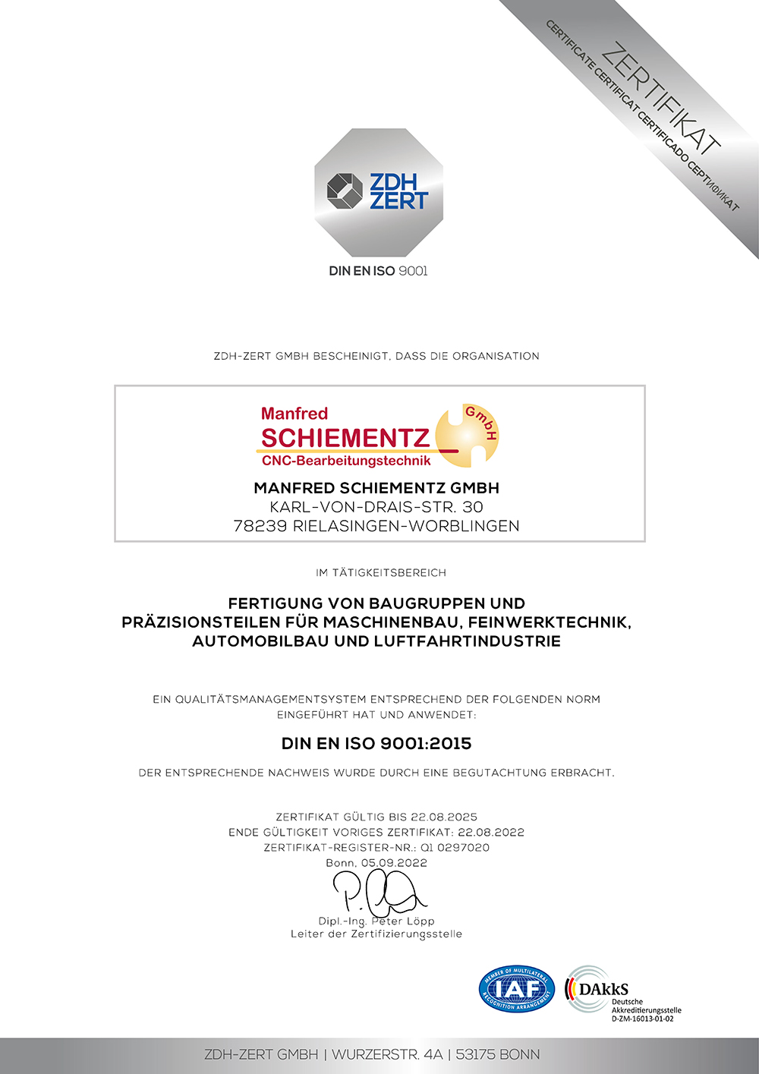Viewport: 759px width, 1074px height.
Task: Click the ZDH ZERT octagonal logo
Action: tap(378, 192)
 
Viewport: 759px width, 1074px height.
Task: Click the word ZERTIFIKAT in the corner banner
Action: tap(660, 96)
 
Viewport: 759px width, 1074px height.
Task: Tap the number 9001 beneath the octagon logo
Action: tap(413, 271)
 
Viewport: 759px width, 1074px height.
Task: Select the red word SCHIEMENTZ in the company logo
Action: tap(345, 438)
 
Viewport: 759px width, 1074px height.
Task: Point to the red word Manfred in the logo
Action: tap(294, 414)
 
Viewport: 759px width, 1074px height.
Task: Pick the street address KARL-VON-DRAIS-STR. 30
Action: tap(376, 507)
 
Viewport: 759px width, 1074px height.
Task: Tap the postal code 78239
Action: tap(260, 526)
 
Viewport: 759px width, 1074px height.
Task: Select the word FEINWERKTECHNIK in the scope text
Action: tap(548, 622)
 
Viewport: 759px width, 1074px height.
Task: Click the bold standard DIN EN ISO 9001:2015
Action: tap(376, 744)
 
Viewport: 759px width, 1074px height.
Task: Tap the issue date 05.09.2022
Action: tap(394, 863)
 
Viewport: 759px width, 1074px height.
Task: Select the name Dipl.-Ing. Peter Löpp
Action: tap(376, 921)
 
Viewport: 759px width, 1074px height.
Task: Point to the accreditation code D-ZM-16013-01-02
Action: tap(642, 1019)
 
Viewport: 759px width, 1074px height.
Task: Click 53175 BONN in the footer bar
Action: tap(498, 1055)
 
